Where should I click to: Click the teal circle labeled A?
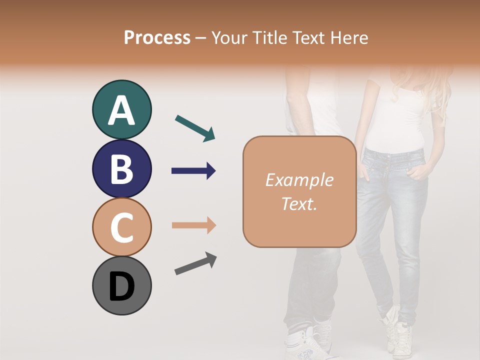click(121, 110)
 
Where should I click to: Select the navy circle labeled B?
click(121, 169)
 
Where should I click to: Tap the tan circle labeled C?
click(121, 227)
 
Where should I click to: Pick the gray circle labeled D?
click(121, 285)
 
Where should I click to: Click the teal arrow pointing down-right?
click(195, 128)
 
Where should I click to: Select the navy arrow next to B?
click(193, 171)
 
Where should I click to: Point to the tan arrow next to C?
click(193, 225)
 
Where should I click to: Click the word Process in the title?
click(157, 38)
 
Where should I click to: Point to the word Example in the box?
click(299, 180)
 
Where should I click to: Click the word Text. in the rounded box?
click(299, 204)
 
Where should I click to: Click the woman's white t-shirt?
click(395, 120)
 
